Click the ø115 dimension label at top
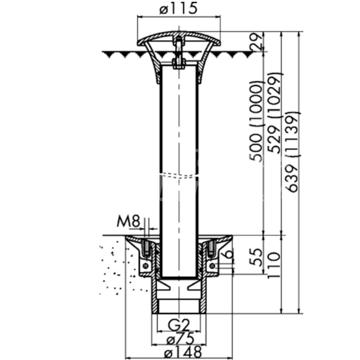[x=178, y=8]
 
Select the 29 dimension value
[x=256, y=41]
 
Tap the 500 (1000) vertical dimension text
[x=256, y=121]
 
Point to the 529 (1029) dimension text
[x=274, y=113]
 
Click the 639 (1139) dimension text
[x=292, y=152]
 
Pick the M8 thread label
[x=128, y=221]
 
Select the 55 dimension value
[x=256, y=257]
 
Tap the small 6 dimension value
[x=229, y=254]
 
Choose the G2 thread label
[x=179, y=325]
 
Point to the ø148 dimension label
[x=183, y=352]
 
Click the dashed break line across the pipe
[x=179, y=175]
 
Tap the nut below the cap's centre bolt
[x=179, y=63]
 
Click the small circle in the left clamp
[x=145, y=266]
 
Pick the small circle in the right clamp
[x=212, y=266]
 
